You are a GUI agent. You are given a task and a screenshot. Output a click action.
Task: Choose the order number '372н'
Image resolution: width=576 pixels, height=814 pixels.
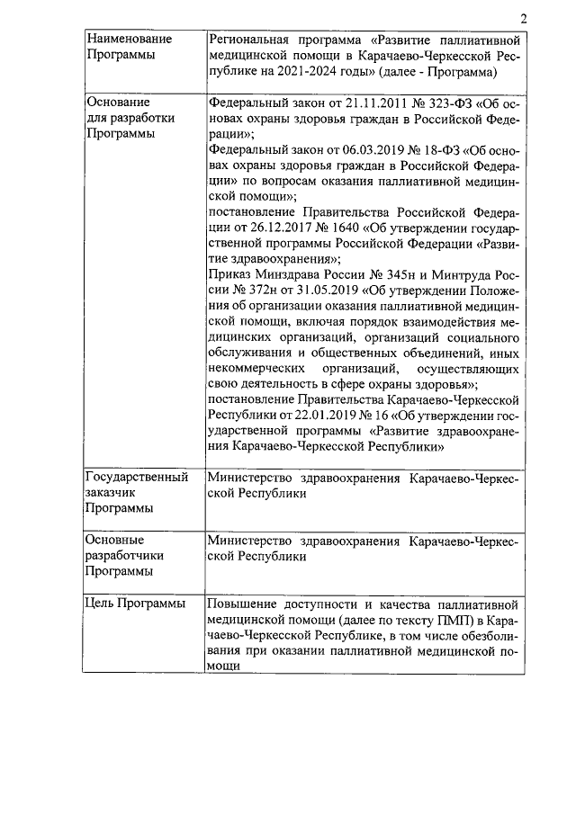[x=246, y=291]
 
